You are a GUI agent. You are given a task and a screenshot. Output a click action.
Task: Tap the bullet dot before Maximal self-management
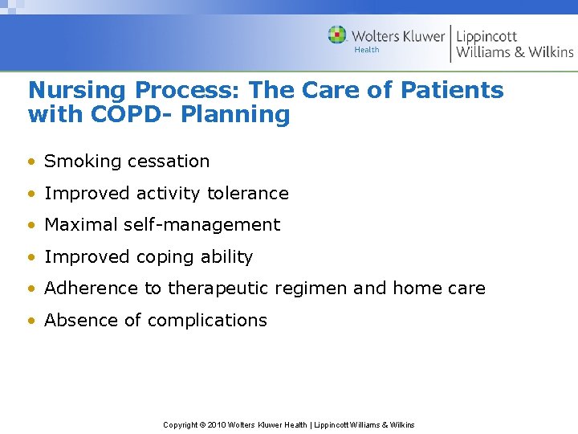coord(31,226)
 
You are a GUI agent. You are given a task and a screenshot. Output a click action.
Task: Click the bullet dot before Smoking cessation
coord(31,162)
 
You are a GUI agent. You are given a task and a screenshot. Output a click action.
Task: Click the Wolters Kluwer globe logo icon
coord(337,35)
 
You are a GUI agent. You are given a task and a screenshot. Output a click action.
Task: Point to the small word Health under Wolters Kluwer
coord(367,50)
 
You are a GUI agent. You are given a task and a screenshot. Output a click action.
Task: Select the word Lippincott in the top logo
coord(486,36)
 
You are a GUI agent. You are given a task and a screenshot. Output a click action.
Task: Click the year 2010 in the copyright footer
coord(217,425)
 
